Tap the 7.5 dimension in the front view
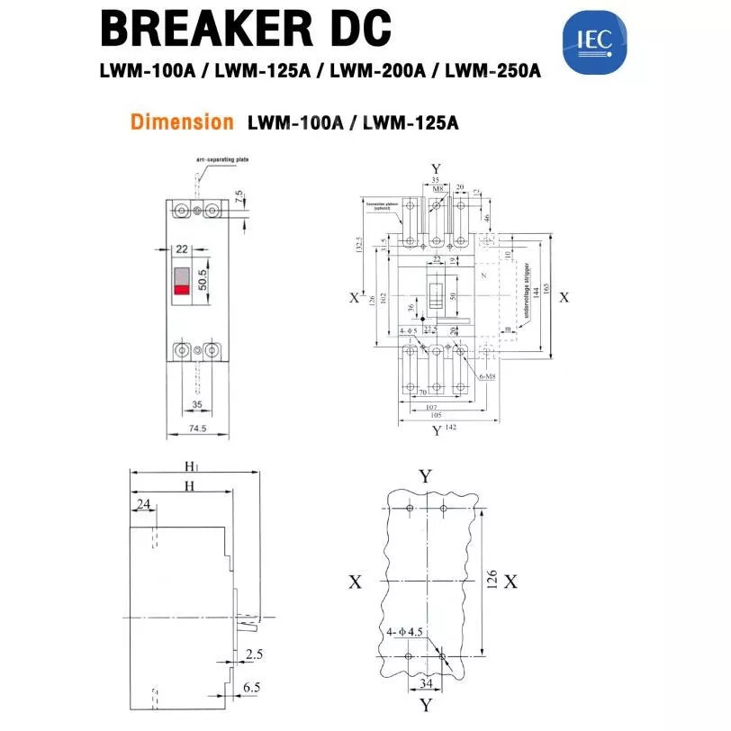[239, 195]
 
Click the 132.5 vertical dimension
[359, 245]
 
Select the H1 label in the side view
[191, 465]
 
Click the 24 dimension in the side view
[143, 504]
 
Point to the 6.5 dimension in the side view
[251, 686]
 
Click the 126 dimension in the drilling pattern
[492, 581]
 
